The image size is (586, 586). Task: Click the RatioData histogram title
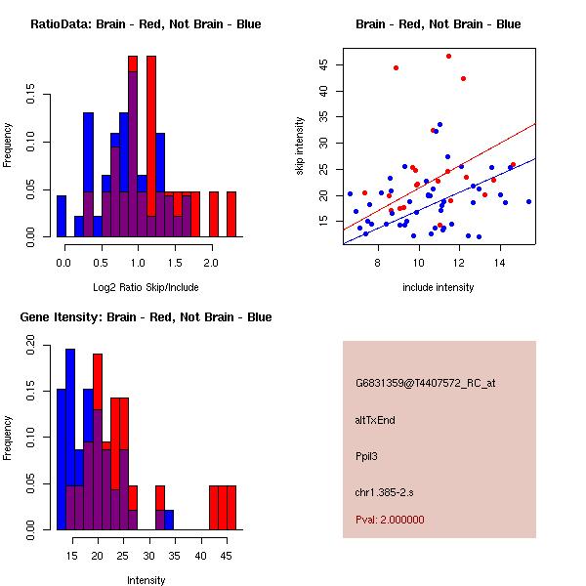pos(146,23)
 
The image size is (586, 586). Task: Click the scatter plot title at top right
pos(438,23)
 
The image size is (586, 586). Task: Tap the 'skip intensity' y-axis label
pos(301,146)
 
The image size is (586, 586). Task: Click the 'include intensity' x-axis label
pos(438,287)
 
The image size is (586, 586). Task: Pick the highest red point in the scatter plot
pos(448,56)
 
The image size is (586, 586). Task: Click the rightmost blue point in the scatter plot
pos(528,201)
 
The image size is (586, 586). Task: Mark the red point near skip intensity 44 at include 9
pos(396,67)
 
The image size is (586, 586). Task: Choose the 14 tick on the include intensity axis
pos(500,263)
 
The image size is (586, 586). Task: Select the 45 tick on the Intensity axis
pos(227,555)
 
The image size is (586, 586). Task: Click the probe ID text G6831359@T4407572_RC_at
pos(425,384)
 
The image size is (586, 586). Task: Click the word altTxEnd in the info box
pos(375,420)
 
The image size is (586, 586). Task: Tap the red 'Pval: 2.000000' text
pos(390,520)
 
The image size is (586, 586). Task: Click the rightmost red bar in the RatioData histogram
pos(231,214)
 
